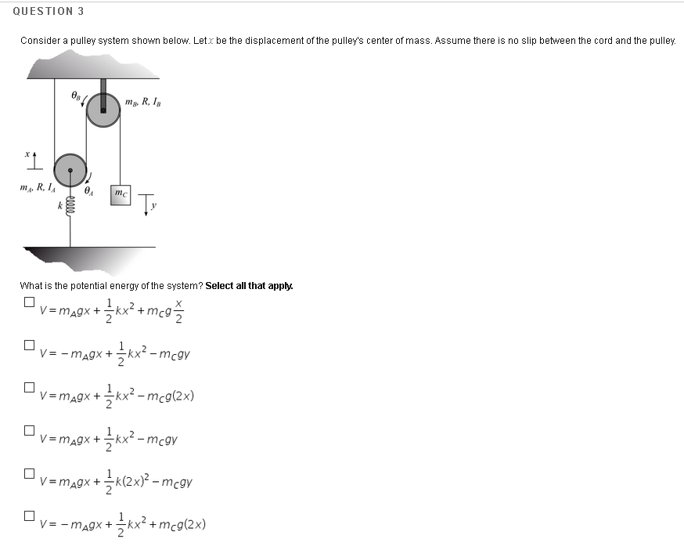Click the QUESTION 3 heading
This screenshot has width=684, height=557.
(49, 11)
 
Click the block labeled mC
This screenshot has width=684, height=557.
(120, 194)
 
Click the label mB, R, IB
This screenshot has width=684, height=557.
(142, 101)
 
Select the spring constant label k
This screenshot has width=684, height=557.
(59, 205)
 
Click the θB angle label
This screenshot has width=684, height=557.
(75, 96)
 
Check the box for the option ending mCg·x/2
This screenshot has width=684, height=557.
(29, 302)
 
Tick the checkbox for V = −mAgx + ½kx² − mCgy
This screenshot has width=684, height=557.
(29, 345)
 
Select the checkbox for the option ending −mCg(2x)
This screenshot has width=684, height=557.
(29, 387)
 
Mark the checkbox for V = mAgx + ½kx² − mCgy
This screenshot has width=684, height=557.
(29, 430)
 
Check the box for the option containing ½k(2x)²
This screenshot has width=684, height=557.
(29, 473)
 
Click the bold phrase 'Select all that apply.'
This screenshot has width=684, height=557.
(249, 286)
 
